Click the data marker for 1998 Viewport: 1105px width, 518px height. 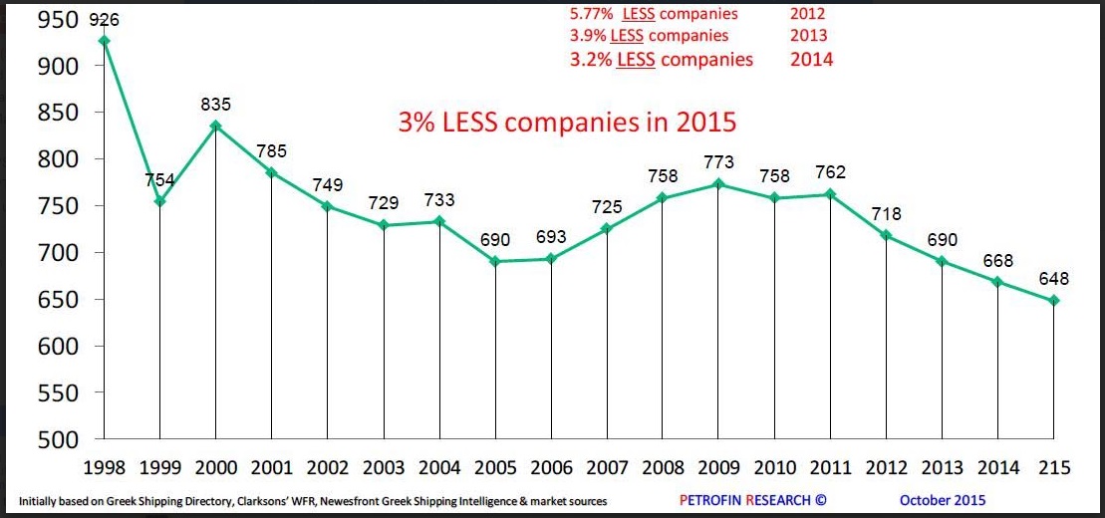(104, 41)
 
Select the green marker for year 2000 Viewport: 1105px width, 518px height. (215, 126)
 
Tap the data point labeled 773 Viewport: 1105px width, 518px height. (718, 184)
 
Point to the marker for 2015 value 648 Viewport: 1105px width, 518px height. (1054, 301)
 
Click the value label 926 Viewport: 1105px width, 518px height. (103, 19)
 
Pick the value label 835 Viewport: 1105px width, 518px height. (215, 104)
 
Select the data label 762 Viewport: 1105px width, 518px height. (829, 172)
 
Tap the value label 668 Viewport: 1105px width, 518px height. (997, 261)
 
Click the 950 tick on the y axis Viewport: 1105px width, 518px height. (59, 19)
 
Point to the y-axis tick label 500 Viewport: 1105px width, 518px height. (59, 439)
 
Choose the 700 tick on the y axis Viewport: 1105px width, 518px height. (59, 253)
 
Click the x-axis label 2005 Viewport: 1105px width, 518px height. (496, 468)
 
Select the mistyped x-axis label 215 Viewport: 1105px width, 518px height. (1054, 468)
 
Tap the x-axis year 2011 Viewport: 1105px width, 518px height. (831, 468)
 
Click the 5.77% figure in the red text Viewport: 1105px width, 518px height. (589, 14)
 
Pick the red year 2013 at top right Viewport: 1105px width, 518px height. (808, 36)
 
